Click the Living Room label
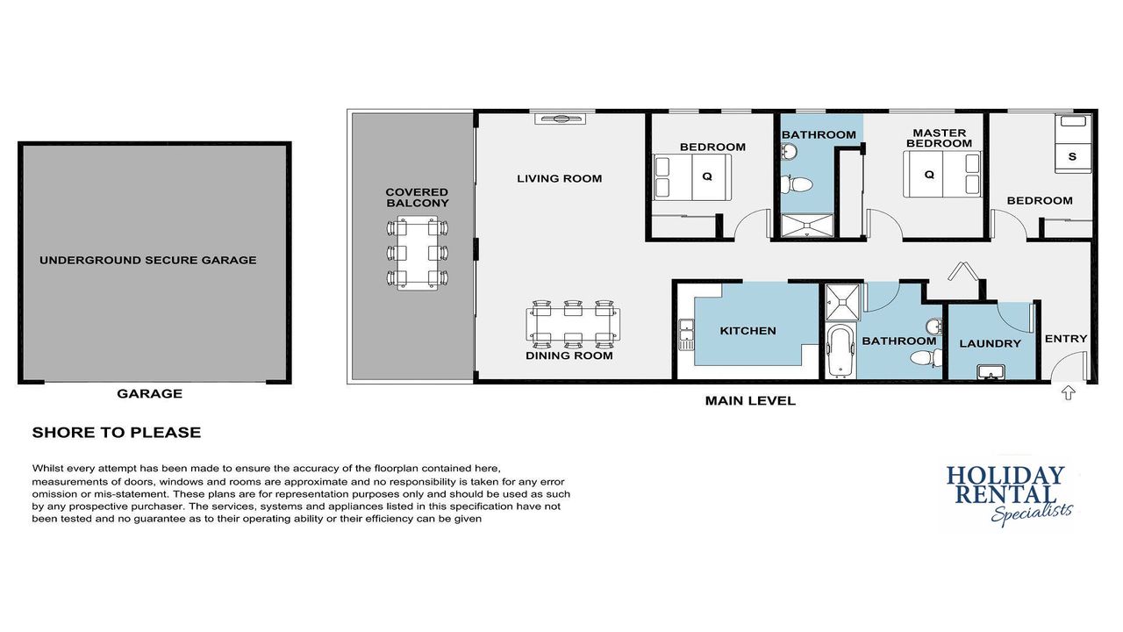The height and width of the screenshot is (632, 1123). (x=560, y=178)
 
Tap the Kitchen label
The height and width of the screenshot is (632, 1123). (x=748, y=331)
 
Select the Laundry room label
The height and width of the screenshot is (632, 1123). (x=991, y=343)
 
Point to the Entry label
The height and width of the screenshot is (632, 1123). (x=1066, y=339)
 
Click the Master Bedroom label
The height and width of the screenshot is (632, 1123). (x=939, y=139)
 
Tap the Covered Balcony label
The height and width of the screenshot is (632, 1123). (x=417, y=197)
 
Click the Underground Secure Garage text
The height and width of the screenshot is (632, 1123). (x=148, y=261)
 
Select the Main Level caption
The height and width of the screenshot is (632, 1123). (x=750, y=401)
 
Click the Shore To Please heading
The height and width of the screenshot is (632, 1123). (x=117, y=433)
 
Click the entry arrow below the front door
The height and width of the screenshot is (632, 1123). (x=1068, y=392)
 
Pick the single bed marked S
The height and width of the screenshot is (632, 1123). (x=1073, y=144)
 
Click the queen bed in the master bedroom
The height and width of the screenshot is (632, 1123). (x=942, y=175)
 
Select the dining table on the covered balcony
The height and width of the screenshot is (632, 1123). (x=417, y=254)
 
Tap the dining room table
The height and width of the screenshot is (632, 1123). (x=573, y=324)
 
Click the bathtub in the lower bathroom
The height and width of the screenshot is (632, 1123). (x=840, y=351)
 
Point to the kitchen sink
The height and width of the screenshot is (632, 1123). (x=686, y=334)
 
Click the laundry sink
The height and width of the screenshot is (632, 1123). (x=991, y=372)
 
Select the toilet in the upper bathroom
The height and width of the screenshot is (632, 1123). (x=798, y=184)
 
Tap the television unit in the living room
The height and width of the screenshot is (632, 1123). (x=560, y=118)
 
